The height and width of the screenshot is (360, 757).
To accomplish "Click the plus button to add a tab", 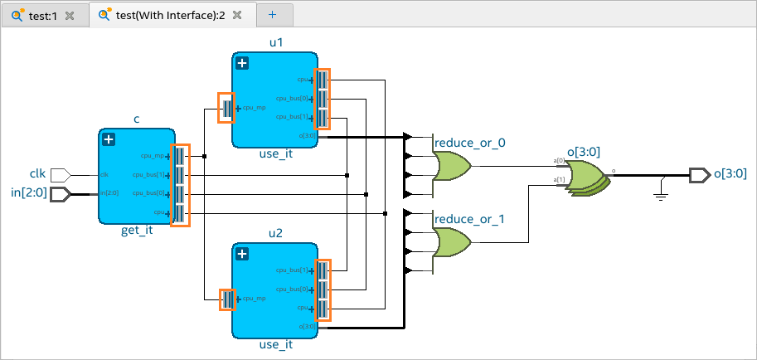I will (273, 15).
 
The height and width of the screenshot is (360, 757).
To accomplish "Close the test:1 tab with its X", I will (70, 16).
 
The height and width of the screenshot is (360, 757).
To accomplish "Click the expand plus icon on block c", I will (108, 139).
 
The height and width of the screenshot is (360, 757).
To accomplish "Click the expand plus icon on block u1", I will (242, 63).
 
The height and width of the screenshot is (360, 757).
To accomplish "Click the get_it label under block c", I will (137, 231).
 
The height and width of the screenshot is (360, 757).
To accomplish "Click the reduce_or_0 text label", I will (470, 143).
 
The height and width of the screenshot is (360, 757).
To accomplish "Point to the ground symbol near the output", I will (660, 193).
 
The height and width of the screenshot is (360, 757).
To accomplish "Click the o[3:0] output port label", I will (730, 173).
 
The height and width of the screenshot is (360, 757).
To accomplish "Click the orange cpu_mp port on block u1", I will (226, 108).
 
